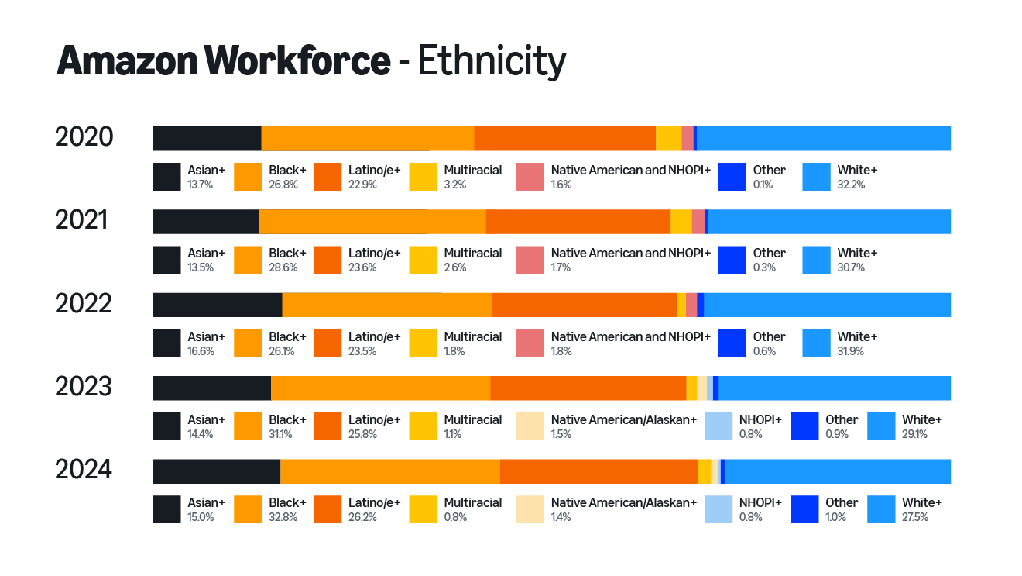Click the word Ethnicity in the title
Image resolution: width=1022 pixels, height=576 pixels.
click(x=492, y=61)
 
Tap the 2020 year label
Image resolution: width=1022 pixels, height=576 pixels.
click(x=84, y=137)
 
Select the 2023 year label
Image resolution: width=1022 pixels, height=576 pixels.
click(x=84, y=386)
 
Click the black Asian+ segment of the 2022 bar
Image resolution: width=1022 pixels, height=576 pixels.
click(x=217, y=305)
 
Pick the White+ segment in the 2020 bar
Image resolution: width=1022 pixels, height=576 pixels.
click(x=823, y=138)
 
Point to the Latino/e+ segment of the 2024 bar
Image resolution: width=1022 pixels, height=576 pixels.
click(x=598, y=471)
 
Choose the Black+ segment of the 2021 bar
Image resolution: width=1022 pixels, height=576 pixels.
click(x=372, y=221)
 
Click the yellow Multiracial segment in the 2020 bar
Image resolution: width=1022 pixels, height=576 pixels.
click(x=668, y=138)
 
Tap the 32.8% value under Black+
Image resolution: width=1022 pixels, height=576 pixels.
click(x=283, y=517)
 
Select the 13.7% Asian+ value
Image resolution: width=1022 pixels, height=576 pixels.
click(x=200, y=185)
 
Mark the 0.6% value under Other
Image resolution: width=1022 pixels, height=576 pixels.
click(x=764, y=351)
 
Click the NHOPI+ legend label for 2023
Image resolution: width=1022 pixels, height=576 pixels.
click(x=760, y=419)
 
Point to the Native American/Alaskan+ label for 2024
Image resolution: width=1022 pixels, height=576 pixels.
click(x=623, y=502)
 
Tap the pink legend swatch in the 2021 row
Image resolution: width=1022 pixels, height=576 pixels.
click(x=530, y=260)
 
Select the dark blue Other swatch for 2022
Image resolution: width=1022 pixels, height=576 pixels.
click(x=732, y=343)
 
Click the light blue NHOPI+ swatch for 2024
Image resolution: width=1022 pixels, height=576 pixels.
click(x=718, y=509)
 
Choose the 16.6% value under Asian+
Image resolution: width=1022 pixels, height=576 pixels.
click(x=201, y=351)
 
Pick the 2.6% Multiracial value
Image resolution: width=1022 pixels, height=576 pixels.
click(x=454, y=267)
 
